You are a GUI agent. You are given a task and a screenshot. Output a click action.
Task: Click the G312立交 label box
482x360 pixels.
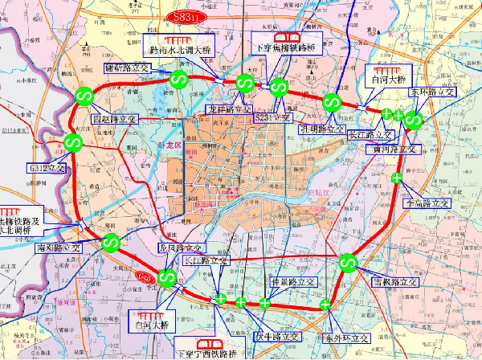click(45, 169)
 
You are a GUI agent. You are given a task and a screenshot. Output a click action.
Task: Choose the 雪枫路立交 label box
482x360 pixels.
click(392, 283)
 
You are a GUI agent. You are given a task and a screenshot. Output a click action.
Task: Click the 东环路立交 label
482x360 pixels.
click(432, 92)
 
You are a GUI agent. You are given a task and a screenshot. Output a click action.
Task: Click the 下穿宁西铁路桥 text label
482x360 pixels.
click(213, 354)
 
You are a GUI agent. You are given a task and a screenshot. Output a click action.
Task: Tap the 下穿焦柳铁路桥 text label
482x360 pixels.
click(287, 48)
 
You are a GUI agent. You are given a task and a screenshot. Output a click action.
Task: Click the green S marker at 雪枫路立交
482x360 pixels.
click(348, 262)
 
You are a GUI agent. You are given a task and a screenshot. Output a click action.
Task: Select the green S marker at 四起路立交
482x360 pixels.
click(84, 96)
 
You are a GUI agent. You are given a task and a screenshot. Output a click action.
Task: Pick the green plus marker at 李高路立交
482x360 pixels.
click(397, 178)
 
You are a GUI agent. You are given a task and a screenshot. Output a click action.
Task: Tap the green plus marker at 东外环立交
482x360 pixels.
click(325, 305)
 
